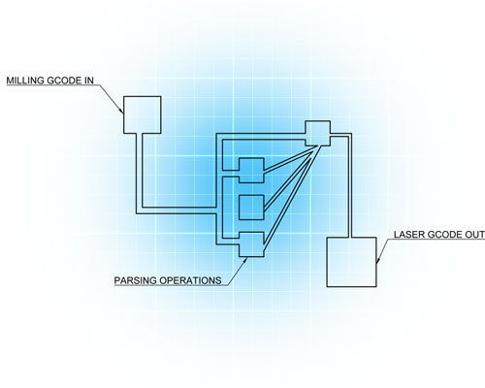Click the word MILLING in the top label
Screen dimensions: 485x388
click(x=25, y=81)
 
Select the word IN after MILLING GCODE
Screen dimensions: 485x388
click(x=89, y=81)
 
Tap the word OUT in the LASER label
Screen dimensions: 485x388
click(x=474, y=235)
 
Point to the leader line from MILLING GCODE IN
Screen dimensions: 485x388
click(x=112, y=99)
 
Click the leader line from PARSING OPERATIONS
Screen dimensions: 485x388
click(x=237, y=272)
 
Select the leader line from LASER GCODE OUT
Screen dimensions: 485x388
click(x=385, y=250)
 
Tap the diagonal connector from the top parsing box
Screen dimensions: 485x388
click(x=290, y=159)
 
